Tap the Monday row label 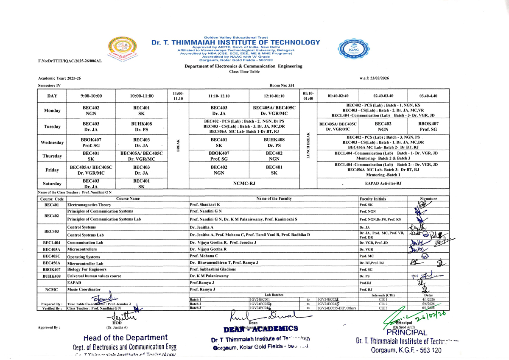52,111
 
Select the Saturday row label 52,184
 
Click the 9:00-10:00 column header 91,96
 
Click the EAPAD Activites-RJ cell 383,184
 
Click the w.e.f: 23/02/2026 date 374,78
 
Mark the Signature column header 428,198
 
